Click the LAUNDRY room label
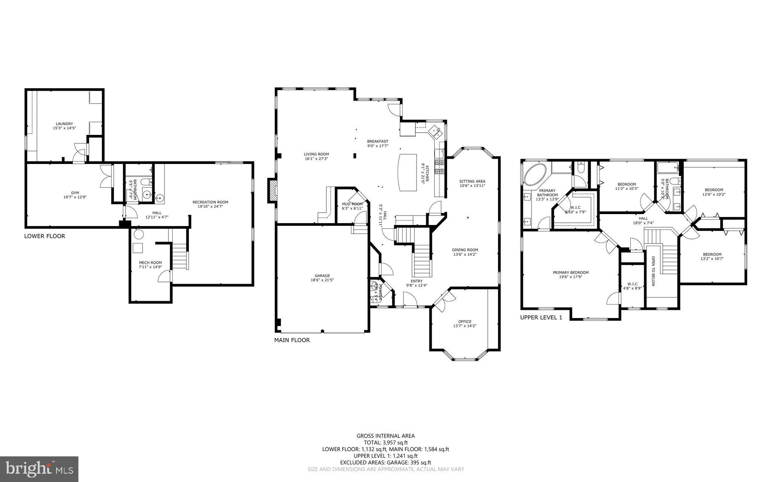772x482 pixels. click(64, 124)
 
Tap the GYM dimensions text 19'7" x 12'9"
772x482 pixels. click(75, 197)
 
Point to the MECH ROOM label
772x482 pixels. click(150, 263)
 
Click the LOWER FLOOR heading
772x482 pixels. click(44, 236)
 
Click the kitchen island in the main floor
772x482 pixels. click(407, 172)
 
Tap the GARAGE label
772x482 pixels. click(322, 275)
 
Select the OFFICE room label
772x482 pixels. click(465, 321)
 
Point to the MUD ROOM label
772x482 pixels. click(352, 204)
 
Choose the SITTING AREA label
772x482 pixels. click(472, 181)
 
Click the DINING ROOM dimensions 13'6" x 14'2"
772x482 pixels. click(465, 254)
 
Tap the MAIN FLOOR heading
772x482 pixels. click(292, 340)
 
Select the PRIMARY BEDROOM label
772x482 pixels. click(571, 272)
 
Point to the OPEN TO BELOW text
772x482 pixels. click(653, 271)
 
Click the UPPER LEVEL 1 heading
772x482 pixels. click(541, 317)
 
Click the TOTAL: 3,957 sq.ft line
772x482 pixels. click(386, 443)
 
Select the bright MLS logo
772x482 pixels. click(39, 469)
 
